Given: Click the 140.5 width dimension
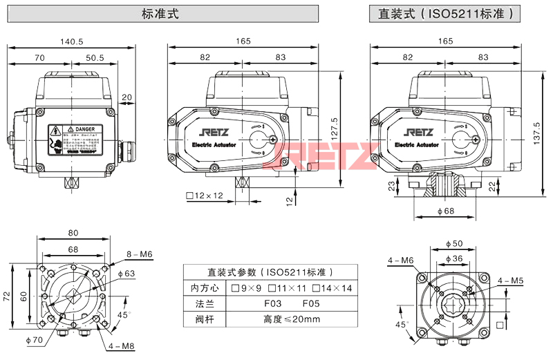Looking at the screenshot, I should (x=72, y=41).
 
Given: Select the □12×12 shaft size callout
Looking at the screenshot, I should (x=205, y=196).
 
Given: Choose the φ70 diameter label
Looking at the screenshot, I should (x=34, y=339).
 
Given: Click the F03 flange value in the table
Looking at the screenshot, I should (x=272, y=303).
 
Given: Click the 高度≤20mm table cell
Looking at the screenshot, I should (x=292, y=319).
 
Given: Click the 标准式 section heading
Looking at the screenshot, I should (x=160, y=13).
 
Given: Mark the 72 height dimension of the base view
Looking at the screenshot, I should (x=7, y=296).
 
